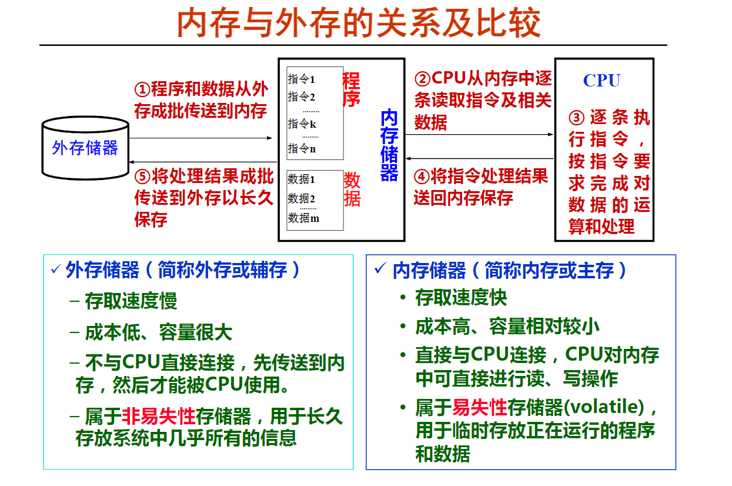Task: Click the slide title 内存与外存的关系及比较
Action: (x=359, y=23)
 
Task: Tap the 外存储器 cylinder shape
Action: (x=85, y=148)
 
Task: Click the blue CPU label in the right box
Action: (x=601, y=81)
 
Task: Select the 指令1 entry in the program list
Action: (x=301, y=79)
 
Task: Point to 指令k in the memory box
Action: (x=302, y=124)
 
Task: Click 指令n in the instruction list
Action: (x=302, y=149)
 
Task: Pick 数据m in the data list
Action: (x=303, y=218)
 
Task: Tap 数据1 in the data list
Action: (x=301, y=179)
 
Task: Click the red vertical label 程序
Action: (x=351, y=89)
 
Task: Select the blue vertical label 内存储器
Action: (x=389, y=145)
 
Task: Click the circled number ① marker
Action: (x=142, y=89)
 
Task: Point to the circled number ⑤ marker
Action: (x=142, y=177)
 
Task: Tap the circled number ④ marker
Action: (x=422, y=177)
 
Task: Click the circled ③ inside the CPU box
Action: (x=576, y=118)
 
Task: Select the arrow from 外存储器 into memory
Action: (x=200, y=138)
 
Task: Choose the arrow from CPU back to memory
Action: (x=479, y=159)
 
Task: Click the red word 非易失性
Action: (x=159, y=416)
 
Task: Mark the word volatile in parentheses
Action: (x=604, y=407)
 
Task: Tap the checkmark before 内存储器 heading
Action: (x=380, y=268)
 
